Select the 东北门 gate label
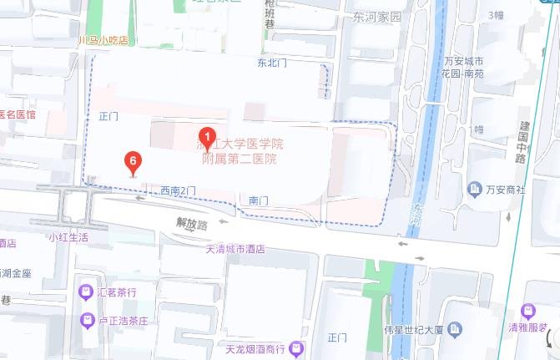273,63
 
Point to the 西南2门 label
179,191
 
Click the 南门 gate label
259,201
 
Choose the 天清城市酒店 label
235,249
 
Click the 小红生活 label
68,237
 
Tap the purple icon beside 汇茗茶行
86,292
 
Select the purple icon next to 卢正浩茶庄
86,320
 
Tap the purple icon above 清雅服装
527,312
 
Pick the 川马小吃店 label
102,40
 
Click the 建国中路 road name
522,136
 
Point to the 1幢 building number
477,129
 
